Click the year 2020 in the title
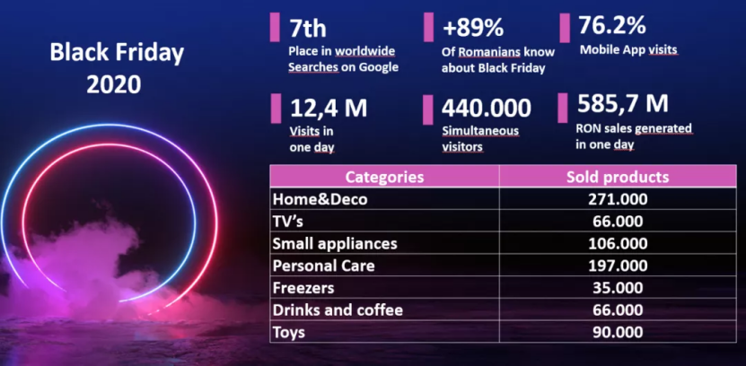click(114, 84)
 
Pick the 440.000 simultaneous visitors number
click(487, 109)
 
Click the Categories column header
click(383, 177)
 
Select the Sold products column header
click(618, 177)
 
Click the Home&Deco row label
click(319, 199)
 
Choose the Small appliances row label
click(334, 243)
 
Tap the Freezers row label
click(304, 288)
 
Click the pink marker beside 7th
click(275, 27)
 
